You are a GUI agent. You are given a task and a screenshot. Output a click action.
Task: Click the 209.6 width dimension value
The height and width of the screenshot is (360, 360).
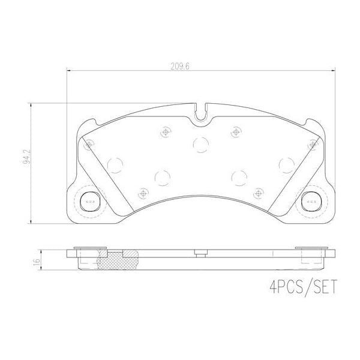179,66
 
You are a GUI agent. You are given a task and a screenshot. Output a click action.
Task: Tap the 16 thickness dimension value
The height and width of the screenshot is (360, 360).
37,262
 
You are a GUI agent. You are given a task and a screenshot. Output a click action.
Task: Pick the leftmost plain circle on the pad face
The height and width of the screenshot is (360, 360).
115,163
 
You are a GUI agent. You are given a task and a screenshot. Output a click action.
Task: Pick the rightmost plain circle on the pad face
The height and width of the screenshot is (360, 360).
286,163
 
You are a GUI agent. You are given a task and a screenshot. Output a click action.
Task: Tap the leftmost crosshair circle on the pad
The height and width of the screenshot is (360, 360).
89,144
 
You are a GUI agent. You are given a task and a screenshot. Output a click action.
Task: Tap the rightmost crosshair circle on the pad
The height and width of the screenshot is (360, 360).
312,144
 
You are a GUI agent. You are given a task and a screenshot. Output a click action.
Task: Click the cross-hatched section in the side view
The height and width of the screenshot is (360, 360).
118,260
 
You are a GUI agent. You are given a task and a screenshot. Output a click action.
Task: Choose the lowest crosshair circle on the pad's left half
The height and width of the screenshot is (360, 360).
142,193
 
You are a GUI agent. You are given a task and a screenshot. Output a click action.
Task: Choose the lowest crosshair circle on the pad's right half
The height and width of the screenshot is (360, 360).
258,193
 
